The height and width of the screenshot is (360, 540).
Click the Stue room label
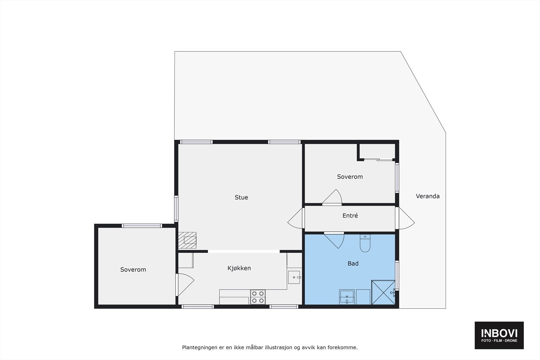241,197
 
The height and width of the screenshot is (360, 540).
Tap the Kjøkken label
239,268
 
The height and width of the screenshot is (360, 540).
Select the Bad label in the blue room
353,264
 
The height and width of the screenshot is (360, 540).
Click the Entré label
350,216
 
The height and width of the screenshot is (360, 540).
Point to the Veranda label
428,196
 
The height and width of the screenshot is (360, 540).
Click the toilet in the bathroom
365,244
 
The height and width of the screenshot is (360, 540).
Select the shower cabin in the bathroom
383,292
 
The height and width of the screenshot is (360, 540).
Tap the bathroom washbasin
347,297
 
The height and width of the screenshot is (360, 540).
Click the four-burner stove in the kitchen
258,297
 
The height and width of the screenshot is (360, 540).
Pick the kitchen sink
294,277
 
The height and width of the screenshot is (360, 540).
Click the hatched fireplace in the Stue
187,240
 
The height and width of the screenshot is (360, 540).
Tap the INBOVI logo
499,335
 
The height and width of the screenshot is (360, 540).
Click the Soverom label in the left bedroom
133,270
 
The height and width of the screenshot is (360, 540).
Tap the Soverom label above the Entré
350,177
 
